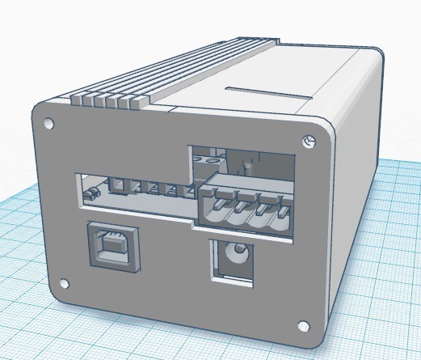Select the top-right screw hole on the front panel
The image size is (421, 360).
pos(308,142)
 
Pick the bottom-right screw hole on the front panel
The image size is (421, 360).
pos(302,327)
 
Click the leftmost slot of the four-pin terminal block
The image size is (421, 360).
pos(213,212)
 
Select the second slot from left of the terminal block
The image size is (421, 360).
pos(235,214)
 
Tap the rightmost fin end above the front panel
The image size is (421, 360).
pos(136,102)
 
